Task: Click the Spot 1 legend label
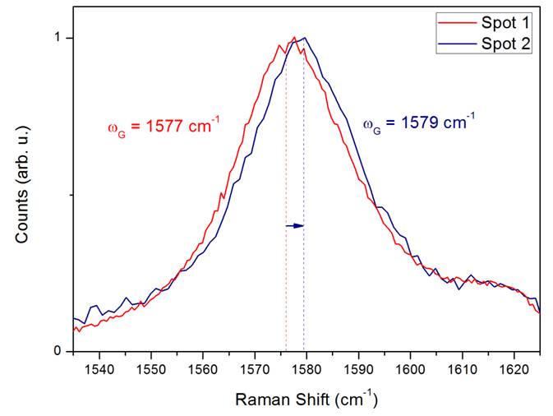click(x=505, y=23)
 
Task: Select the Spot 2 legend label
click(x=505, y=44)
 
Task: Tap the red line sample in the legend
click(x=457, y=22)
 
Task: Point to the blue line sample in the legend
click(x=457, y=44)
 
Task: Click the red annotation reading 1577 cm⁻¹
click(x=164, y=126)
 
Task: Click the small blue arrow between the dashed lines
click(x=294, y=226)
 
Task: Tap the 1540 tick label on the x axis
click(x=99, y=370)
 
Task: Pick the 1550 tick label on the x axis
click(x=151, y=370)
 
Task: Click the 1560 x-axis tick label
click(x=203, y=370)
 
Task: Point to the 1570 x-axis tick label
click(x=255, y=370)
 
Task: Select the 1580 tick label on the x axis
click(x=306, y=370)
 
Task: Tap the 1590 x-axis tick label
click(x=358, y=370)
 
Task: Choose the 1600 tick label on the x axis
click(x=410, y=370)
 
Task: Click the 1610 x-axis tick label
click(x=462, y=370)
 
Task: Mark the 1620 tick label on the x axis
click(x=514, y=370)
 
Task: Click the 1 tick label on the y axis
click(x=58, y=38)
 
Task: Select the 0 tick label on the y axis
click(x=58, y=351)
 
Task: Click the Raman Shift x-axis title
click(x=306, y=399)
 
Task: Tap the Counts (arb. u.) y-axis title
click(x=22, y=184)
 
